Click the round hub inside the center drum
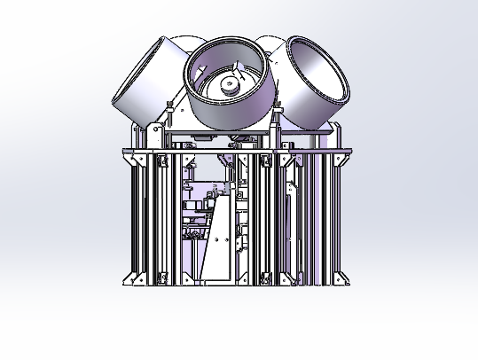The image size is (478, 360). click(228, 85)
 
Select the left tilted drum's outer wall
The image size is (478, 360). click(142, 84)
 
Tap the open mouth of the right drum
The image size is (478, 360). click(317, 70)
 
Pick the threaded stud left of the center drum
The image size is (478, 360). click(168, 113)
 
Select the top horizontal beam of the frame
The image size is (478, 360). click(235, 150)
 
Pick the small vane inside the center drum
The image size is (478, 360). click(242, 71)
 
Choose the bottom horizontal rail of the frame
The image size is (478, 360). click(235, 285)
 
